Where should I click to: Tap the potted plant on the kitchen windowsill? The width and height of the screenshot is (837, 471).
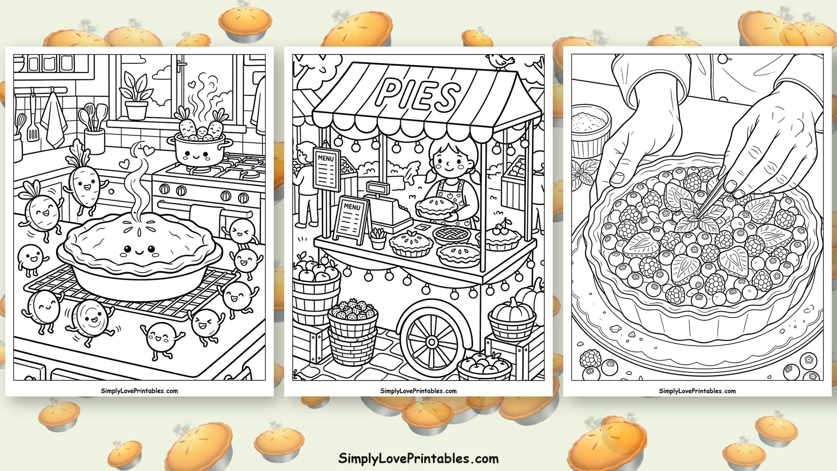(x=136, y=96)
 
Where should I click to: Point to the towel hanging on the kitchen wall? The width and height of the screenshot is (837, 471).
(x=54, y=119)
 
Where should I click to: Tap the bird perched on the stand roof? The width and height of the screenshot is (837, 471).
(x=501, y=61)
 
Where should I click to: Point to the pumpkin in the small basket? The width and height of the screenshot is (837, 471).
(x=513, y=309)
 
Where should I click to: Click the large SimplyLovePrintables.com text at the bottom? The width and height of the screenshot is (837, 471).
(x=418, y=458)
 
